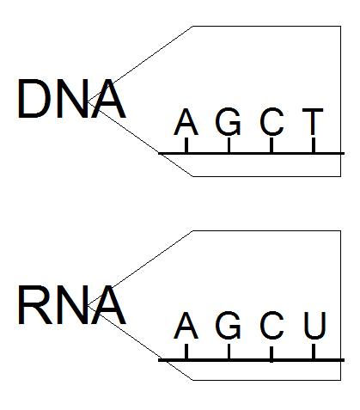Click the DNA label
tap(71, 99)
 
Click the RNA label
tap(71, 305)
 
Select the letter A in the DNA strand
tap(186, 122)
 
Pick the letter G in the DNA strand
tap(229, 121)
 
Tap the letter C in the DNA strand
tap(272, 121)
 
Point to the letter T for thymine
tap(313, 122)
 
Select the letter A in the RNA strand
tap(186, 326)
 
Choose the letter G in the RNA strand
tap(229, 326)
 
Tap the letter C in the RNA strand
tap(272, 326)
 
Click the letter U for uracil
tap(315, 326)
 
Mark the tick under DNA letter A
tap(186, 145)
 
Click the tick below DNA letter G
tap(229, 145)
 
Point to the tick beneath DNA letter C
tap(272, 145)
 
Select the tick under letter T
tap(314, 145)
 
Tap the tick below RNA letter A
tap(186, 352)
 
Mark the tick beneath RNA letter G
tap(229, 352)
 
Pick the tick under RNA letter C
tap(272, 354)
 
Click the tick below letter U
tap(314, 352)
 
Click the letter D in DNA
tap(34, 99)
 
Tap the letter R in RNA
tap(35, 305)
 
